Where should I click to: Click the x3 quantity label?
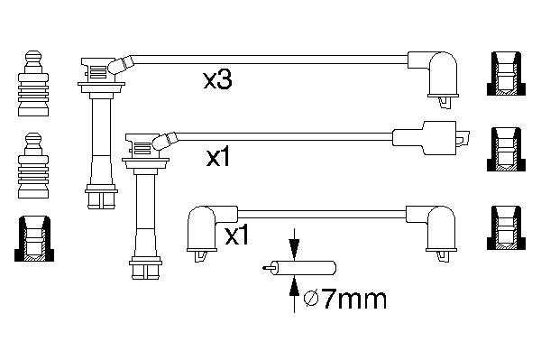point(217,80)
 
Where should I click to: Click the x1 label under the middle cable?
point(218,159)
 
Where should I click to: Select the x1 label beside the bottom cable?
point(236,236)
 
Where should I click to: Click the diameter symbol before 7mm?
point(311,300)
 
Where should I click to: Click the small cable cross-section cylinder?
point(299,268)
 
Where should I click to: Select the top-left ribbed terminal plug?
point(33,84)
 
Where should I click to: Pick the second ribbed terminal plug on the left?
point(33,165)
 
